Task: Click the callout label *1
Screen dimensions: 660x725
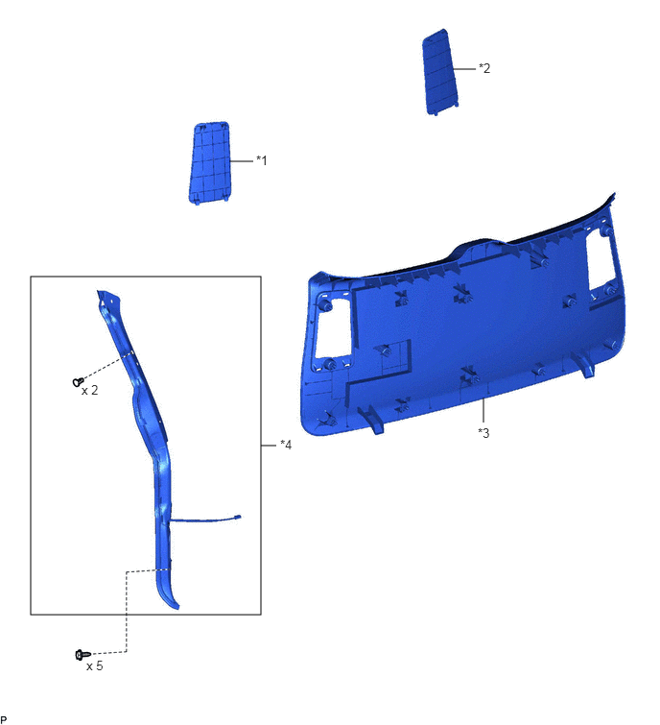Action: [262, 160]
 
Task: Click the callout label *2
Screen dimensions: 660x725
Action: [484, 68]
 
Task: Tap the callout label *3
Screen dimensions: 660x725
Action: [483, 433]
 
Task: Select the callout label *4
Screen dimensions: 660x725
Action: [286, 445]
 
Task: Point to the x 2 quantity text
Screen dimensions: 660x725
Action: [89, 391]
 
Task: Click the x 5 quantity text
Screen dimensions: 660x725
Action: [95, 665]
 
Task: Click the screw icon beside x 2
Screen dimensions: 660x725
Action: [78, 382]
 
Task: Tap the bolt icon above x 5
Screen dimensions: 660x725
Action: [82, 655]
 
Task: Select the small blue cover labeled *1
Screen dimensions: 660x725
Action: [210, 162]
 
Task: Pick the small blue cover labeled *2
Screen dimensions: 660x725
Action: [440, 72]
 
